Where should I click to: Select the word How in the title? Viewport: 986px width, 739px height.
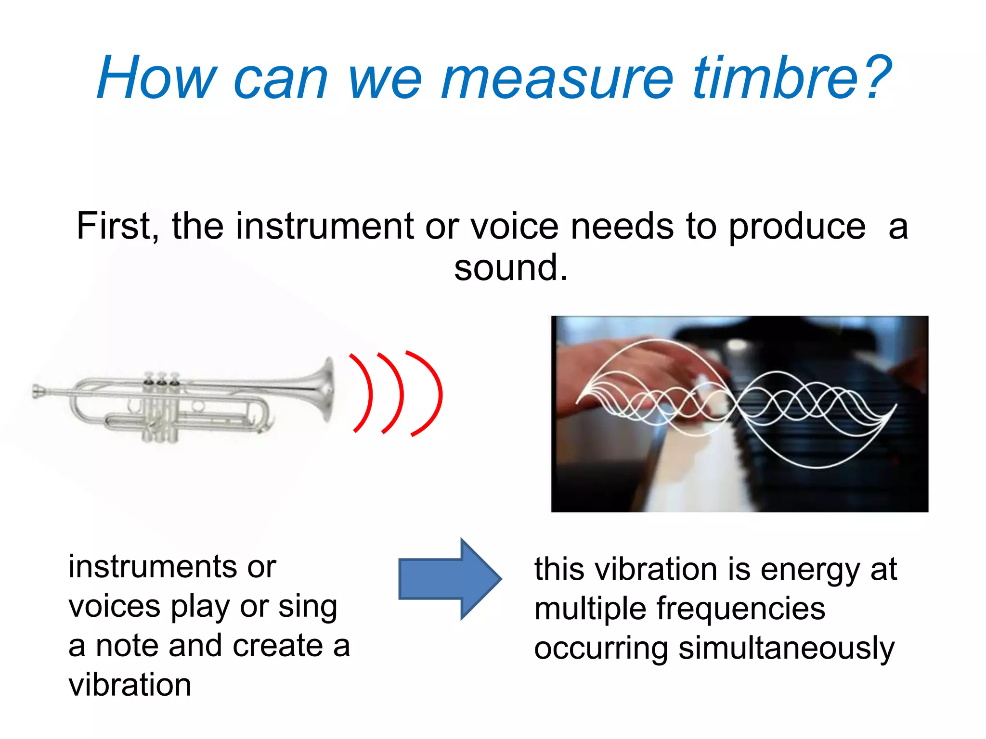(x=157, y=78)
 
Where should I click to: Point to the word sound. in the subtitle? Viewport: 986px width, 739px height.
(x=511, y=268)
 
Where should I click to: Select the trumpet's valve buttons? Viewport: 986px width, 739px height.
(x=161, y=376)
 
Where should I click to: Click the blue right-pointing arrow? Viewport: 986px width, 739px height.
(x=450, y=579)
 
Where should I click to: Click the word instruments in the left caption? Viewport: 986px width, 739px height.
(x=153, y=566)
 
